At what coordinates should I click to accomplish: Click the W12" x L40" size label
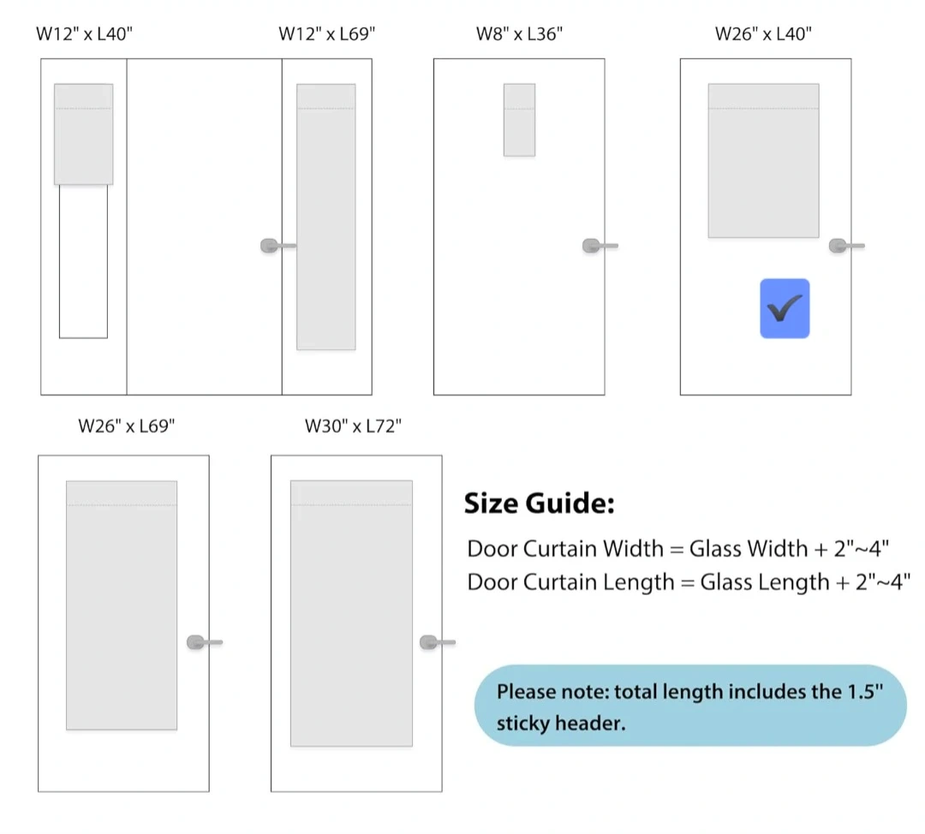pyautogui.click(x=84, y=34)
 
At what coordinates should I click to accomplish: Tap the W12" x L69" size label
pyautogui.click(x=327, y=34)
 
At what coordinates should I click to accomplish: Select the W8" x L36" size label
pyautogui.click(x=519, y=34)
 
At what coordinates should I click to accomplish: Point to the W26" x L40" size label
pyautogui.click(x=763, y=34)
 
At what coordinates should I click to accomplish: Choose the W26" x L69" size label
pyautogui.click(x=126, y=426)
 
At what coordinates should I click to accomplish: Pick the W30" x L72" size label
pyautogui.click(x=353, y=426)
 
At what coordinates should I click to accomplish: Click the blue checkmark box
pyautogui.click(x=785, y=308)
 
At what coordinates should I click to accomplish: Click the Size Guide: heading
pyautogui.click(x=540, y=503)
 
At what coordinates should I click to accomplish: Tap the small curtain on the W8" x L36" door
pyautogui.click(x=519, y=120)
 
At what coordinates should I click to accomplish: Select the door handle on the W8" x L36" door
pyautogui.click(x=600, y=246)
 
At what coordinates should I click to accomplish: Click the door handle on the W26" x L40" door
pyautogui.click(x=846, y=246)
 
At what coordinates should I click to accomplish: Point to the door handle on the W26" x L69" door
pyautogui.click(x=205, y=642)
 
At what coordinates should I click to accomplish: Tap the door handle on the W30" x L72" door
pyautogui.click(x=438, y=642)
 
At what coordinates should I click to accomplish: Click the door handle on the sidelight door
pyautogui.click(x=277, y=246)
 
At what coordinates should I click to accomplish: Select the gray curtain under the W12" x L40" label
pyautogui.click(x=83, y=134)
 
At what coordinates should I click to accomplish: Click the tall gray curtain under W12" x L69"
pyautogui.click(x=325, y=217)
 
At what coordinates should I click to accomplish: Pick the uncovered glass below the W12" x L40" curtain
pyautogui.click(x=83, y=261)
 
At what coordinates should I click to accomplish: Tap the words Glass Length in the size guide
pyautogui.click(x=745, y=582)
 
